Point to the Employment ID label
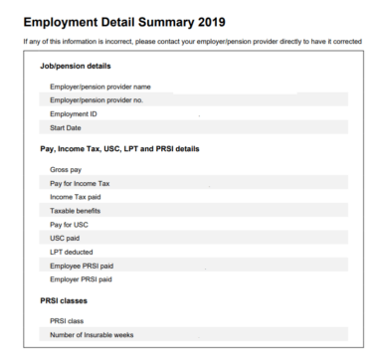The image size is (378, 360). pyautogui.click(x=73, y=114)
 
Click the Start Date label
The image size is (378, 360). pyautogui.click(x=65, y=127)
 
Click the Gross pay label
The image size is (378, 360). pyautogui.click(x=66, y=170)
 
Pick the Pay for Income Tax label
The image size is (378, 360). pyautogui.click(x=80, y=184)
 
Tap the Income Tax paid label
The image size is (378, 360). pyautogui.click(x=76, y=197)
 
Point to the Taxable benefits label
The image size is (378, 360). pyautogui.click(x=76, y=211)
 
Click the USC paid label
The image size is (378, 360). pyautogui.click(x=65, y=239)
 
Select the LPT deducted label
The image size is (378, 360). pyautogui.click(x=71, y=253)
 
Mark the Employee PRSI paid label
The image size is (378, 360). pyautogui.click(x=81, y=267)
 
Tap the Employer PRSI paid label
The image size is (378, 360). pyautogui.click(x=81, y=279)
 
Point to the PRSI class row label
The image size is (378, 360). pyautogui.click(x=67, y=321)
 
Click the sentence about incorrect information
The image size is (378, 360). pyautogui.click(x=190, y=41)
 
